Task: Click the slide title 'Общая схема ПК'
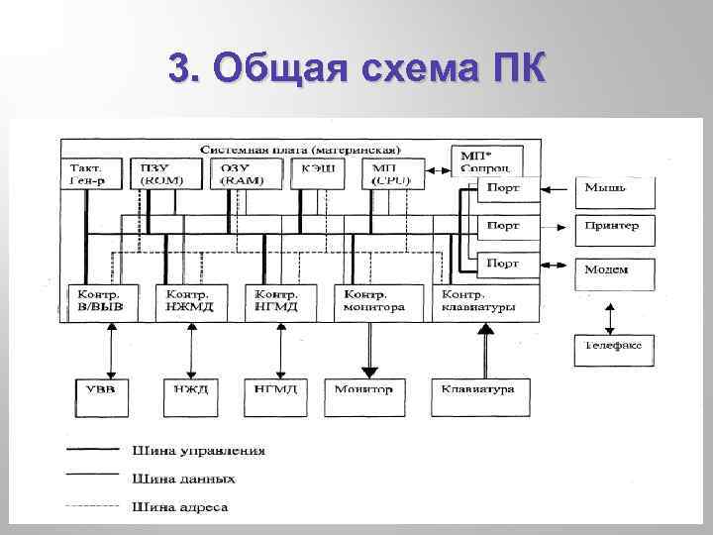[x=356, y=69]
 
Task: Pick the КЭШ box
[x=318, y=173]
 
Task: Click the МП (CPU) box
[x=393, y=173]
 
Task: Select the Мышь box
[x=614, y=188]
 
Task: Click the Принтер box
[x=614, y=227]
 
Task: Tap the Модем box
[x=614, y=269]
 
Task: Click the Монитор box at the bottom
[x=364, y=390]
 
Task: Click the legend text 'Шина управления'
[x=198, y=451]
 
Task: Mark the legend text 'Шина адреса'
[x=179, y=508]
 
